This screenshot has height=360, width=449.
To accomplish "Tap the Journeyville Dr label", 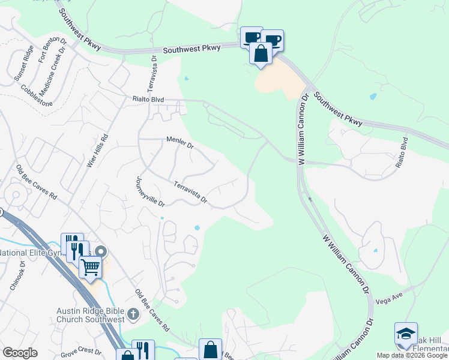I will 149,191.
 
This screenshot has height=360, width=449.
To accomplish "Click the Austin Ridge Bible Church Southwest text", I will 90,314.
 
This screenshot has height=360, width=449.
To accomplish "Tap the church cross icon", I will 133,313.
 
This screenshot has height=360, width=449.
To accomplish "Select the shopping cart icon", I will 90,266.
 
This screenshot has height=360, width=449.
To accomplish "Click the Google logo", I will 20,353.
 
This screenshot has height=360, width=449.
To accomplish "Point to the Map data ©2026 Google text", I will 412,355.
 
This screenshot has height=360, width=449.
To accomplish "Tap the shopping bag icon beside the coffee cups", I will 262,53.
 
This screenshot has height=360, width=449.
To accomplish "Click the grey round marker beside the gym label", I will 101,252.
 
